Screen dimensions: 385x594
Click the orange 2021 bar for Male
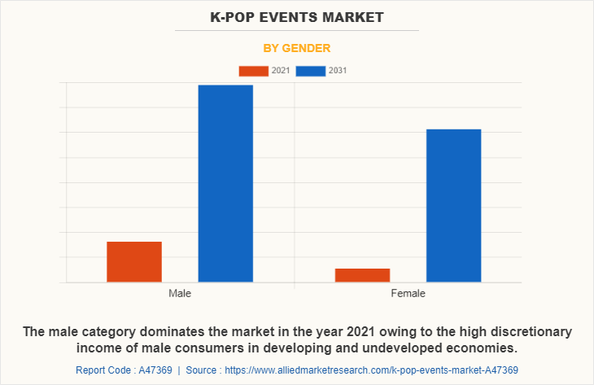pyautogui.click(x=134, y=261)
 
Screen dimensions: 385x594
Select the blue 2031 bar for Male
pyautogui.click(x=225, y=183)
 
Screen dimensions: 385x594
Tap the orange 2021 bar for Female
pyautogui.click(x=362, y=275)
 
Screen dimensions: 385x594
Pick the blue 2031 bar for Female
pyautogui.click(x=453, y=205)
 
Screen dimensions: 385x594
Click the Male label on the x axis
pyautogui.click(x=180, y=293)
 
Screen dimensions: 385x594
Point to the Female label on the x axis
pyautogui.click(x=408, y=293)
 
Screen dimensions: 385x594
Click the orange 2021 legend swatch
pyautogui.click(x=253, y=71)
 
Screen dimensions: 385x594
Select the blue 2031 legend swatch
pyautogui.click(x=311, y=71)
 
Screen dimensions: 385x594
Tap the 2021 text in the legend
pyautogui.click(x=281, y=71)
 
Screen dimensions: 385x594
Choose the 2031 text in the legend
pyautogui.click(x=338, y=71)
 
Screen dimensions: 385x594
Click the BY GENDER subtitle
pyautogui.click(x=297, y=48)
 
